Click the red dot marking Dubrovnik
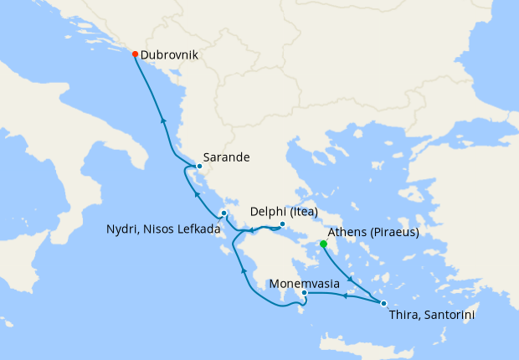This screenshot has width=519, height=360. click(x=135, y=54)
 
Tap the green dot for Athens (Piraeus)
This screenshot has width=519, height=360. click(x=323, y=244)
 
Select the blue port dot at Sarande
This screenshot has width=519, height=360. click(x=199, y=166)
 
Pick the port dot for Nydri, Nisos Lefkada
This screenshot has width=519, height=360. click(x=224, y=213)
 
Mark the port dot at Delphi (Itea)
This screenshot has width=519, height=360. click(x=283, y=224)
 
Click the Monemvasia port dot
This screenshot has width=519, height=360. click(x=304, y=293)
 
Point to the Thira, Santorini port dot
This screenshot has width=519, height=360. click(x=383, y=303)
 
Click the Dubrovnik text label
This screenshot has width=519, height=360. click(x=169, y=54)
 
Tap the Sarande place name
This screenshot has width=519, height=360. click(x=227, y=157)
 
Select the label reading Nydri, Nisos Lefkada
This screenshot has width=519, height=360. click(x=163, y=229)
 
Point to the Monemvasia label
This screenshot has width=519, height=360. click(x=304, y=283)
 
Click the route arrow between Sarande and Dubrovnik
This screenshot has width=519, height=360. click(x=162, y=121)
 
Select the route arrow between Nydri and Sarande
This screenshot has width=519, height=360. click(x=197, y=194)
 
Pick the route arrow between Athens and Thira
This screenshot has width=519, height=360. click(x=350, y=279)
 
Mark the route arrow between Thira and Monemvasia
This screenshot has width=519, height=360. click(x=344, y=296)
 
